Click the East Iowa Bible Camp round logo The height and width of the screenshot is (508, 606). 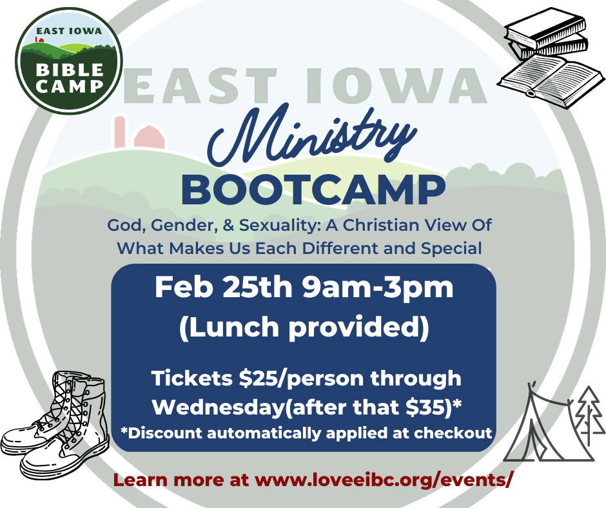coord(69,61)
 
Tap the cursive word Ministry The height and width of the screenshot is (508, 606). coord(311,134)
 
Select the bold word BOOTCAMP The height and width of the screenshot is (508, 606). coord(313,190)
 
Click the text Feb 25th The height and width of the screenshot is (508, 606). coord(224,288)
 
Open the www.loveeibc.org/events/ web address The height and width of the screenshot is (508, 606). coord(384,480)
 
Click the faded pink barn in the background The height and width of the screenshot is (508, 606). coord(149,137)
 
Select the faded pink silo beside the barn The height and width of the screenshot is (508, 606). coord(120,132)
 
